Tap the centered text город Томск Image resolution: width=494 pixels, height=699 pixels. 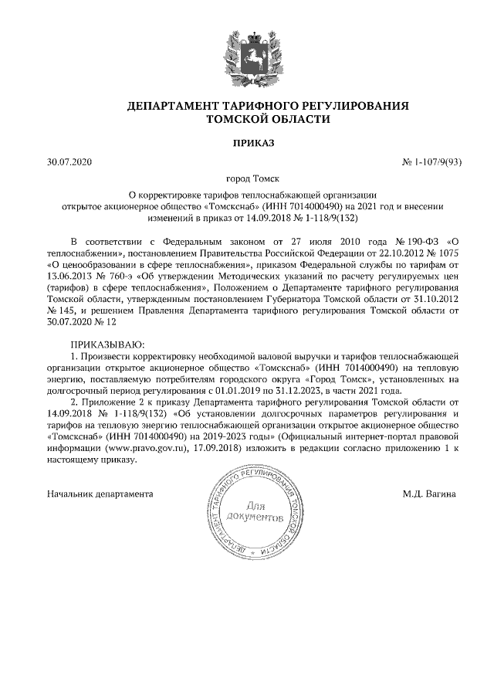(246, 178)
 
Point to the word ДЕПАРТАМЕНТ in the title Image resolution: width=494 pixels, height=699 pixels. (176, 105)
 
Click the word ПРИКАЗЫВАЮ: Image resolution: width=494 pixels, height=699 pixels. (107, 343)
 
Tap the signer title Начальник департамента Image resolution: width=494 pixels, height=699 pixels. (100, 492)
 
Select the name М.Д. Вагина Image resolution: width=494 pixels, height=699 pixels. (430, 492)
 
